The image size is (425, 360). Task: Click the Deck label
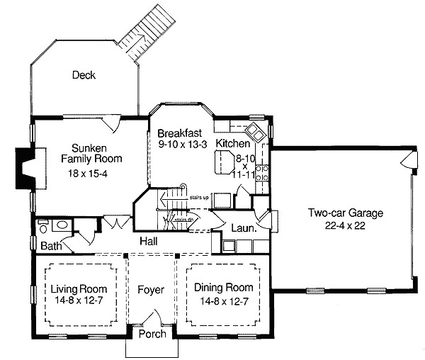point(83,74)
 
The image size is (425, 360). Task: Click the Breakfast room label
point(180,133)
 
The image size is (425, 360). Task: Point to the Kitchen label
point(232,144)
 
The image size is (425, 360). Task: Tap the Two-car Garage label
point(344,213)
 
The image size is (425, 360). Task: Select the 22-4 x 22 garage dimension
point(344,225)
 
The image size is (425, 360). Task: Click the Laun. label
point(243,228)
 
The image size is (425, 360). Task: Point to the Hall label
point(148,240)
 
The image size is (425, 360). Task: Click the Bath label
point(50,246)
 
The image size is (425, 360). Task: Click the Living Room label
point(79,289)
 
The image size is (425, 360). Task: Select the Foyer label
point(152,289)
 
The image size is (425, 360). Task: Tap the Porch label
point(152,333)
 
